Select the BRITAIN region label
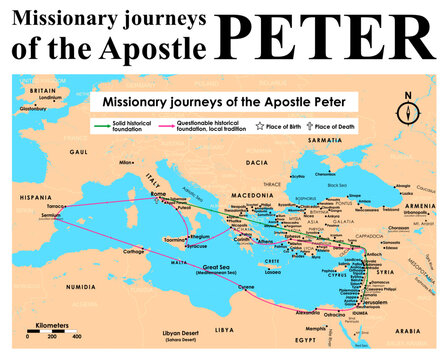click(x=44, y=89)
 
